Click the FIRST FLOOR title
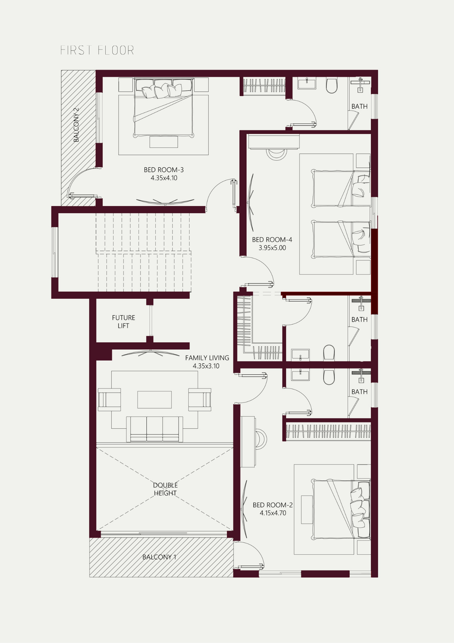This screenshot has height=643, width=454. point(97,50)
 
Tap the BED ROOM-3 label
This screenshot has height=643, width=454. point(164,170)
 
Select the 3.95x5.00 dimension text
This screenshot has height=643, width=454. point(272,248)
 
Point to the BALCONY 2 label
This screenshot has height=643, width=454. point(76,125)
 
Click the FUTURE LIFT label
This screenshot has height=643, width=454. point(124,321)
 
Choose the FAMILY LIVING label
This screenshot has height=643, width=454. point(207,358)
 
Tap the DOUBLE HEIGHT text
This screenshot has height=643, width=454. point(165,489)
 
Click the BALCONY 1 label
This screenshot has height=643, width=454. point(159,557)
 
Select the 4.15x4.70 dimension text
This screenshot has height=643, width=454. point(273,513)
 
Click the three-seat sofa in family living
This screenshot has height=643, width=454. point(155,429)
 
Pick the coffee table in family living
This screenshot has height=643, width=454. point(154,400)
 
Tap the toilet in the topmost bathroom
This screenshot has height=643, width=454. point(332,85)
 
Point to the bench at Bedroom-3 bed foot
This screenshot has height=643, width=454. point(164,142)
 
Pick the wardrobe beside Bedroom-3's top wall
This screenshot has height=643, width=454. point(264,86)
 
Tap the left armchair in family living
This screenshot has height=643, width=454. point(109,400)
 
